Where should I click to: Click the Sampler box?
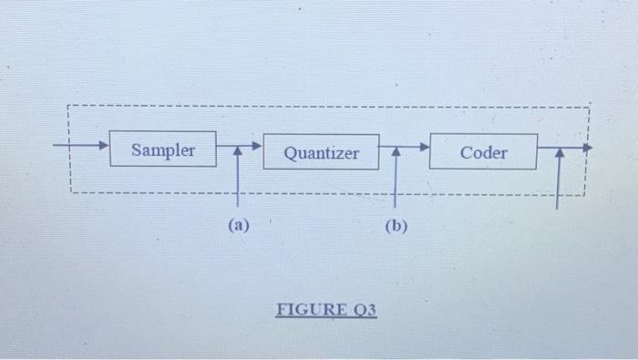pyautogui.click(x=163, y=149)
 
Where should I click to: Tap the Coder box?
pyautogui.click(x=483, y=152)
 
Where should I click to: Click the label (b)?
pyautogui.click(x=396, y=226)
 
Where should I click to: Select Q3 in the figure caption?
pyautogui.click(x=364, y=309)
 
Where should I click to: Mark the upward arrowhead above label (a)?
pyautogui.click(x=238, y=154)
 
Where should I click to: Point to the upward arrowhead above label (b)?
pyautogui.click(x=396, y=154)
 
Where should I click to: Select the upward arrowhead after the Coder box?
pyautogui.click(x=560, y=154)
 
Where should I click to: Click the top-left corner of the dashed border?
pyautogui.click(x=68, y=107)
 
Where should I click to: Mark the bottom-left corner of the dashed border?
pyautogui.click(x=70, y=191)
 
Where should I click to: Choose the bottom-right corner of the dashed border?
pyautogui.click(x=584, y=194)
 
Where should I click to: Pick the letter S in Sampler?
pyautogui.click(x=137, y=149)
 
